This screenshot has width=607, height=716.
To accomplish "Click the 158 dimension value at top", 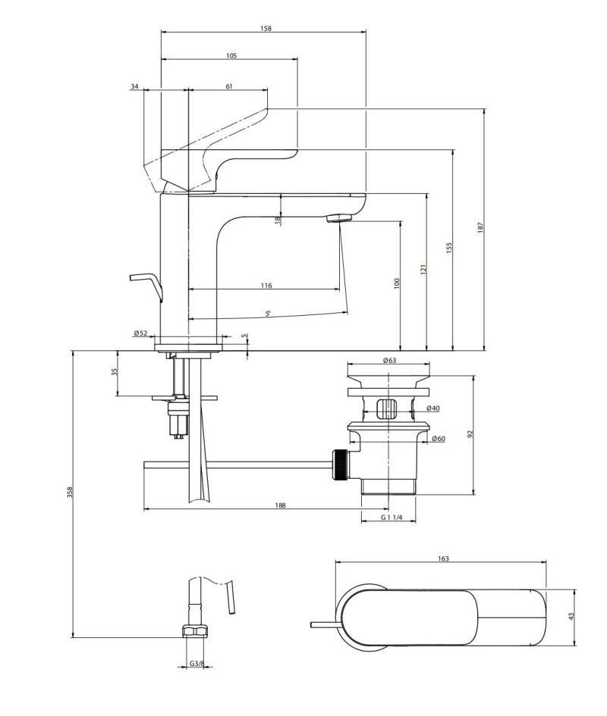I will pos(265,28).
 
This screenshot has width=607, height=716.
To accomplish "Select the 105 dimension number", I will pos(231,55).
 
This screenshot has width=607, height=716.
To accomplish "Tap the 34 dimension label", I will pos(134,86).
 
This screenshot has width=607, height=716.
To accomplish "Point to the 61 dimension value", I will pos(228,86).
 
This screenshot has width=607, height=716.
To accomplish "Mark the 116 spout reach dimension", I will pos(266,286).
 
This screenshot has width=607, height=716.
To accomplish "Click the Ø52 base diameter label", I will pos(140,333).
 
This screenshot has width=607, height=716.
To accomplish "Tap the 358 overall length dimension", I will pos(69,492).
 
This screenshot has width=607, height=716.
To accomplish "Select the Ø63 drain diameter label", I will pos(389,361).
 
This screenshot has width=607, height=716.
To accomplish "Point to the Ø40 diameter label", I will pos(432,409).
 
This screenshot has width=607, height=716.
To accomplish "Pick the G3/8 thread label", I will pos(195,664).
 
